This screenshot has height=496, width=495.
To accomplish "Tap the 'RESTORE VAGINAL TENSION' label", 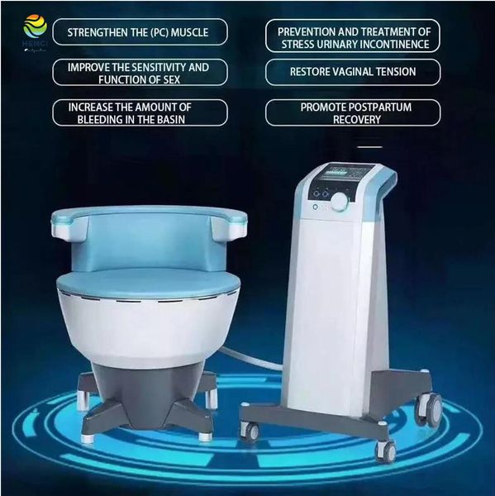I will click(x=353, y=72).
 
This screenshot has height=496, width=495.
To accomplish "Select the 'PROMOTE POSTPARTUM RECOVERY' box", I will click(x=352, y=112).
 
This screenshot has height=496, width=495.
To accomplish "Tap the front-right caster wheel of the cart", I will click(x=386, y=450).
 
